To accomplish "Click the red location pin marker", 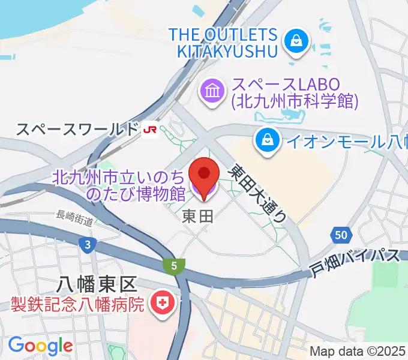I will tap(204, 175).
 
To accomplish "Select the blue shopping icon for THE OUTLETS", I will tap(296, 41).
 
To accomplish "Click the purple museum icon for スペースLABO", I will tap(212, 92).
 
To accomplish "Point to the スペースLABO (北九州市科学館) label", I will tap(294, 93).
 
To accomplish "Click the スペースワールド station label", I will tap(77, 128).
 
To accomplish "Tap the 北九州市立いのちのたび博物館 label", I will tap(120, 185).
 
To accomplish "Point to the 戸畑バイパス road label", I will tap(355, 262).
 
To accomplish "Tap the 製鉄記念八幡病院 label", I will tap(78, 304).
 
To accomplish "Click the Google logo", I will tap(40, 346).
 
